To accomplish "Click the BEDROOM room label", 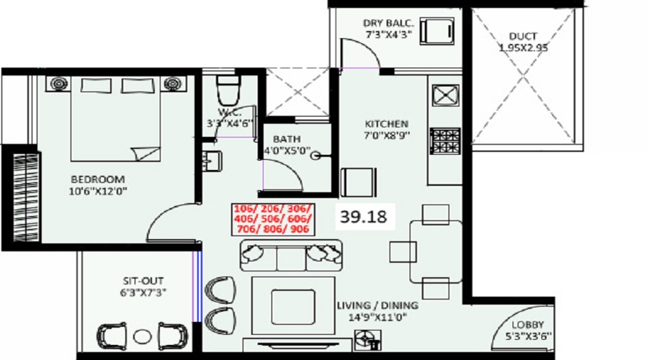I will [97, 179].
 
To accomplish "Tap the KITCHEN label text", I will [388, 124].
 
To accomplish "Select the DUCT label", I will [523, 35].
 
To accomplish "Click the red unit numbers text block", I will [270, 218].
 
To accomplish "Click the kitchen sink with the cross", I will [446, 95].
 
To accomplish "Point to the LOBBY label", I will [528, 325].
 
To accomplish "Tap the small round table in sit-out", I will [143, 336].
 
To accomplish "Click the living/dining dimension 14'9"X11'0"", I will [377, 318].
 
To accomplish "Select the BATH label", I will [286, 139].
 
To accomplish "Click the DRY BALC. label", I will [390, 22].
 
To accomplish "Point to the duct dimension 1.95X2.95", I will [523, 48].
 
